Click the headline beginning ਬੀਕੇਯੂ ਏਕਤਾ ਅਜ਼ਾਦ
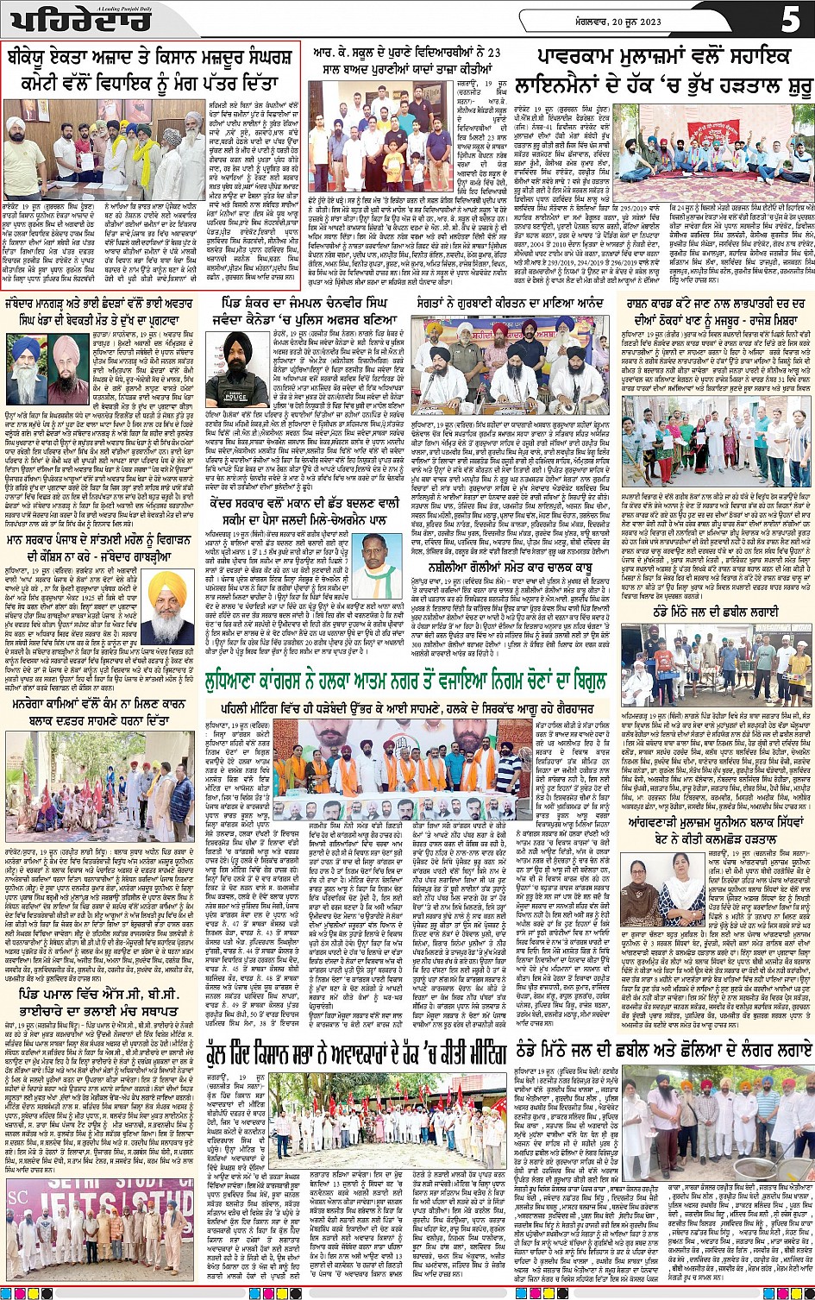coord(151,71)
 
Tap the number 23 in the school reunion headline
coord(493,52)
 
